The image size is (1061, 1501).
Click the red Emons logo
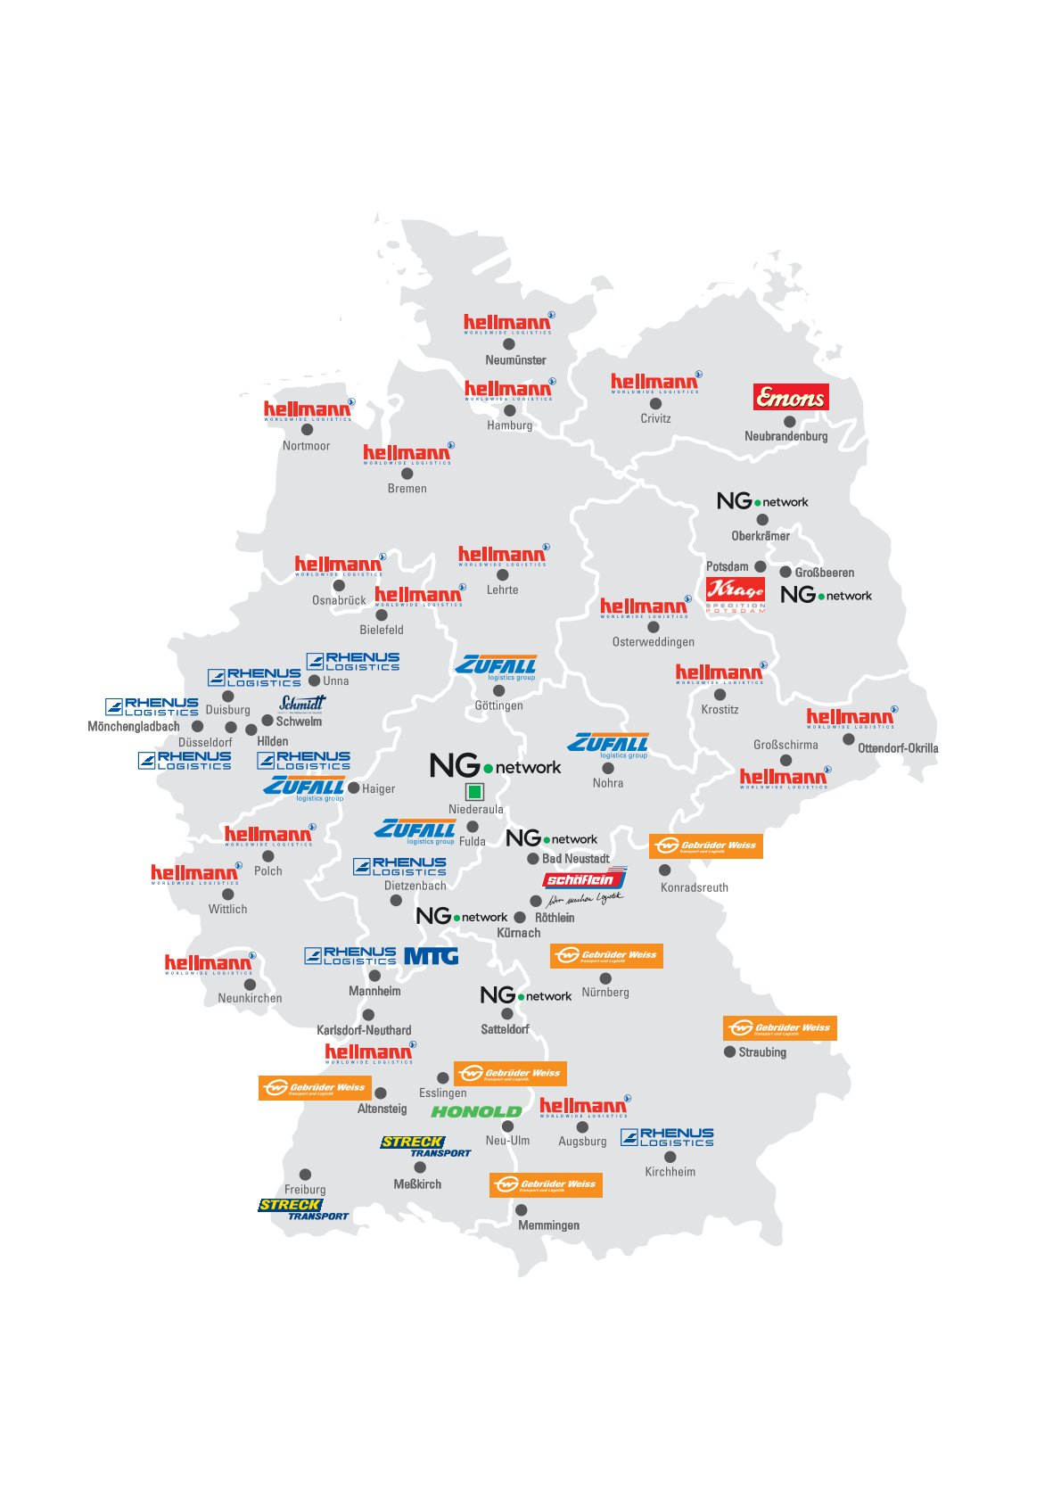click(791, 398)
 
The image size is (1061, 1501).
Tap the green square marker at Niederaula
click(474, 791)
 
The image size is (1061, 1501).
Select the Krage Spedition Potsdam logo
click(736, 594)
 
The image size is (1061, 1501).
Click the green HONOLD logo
click(476, 1112)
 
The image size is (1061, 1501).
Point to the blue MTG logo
click(432, 956)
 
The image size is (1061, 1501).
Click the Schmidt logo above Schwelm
click(302, 704)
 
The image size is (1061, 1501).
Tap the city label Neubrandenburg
click(785, 436)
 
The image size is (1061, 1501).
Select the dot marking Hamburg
click(510, 410)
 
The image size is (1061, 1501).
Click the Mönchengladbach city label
click(134, 727)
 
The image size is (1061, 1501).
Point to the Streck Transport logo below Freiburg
click(303, 1209)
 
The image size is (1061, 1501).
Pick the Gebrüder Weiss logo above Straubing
click(780, 1028)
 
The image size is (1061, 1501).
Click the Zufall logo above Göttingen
click(497, 667)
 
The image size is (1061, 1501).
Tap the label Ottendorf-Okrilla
click(898, 748)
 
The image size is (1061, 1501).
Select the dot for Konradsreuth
click(664, 870)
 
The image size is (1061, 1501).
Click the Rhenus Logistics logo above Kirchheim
click(668, 1137)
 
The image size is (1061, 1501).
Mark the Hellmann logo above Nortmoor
click(308, 411)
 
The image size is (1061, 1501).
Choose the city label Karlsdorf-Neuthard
click(364, 1030)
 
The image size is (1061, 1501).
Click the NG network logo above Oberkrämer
click(762, 501)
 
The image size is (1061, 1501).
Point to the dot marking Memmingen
click(521, 1210)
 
